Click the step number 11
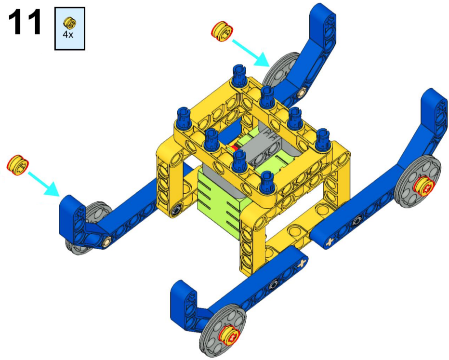click(x=25, y=22)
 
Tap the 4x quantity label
click(x=68, y=35)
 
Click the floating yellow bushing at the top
click(x=222, y=31)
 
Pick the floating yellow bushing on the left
click(x=18, y=165)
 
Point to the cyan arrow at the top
click(x=251, y=53)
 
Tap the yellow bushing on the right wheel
click(x=424, y=187)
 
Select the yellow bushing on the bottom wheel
click(x=229, y=335)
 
